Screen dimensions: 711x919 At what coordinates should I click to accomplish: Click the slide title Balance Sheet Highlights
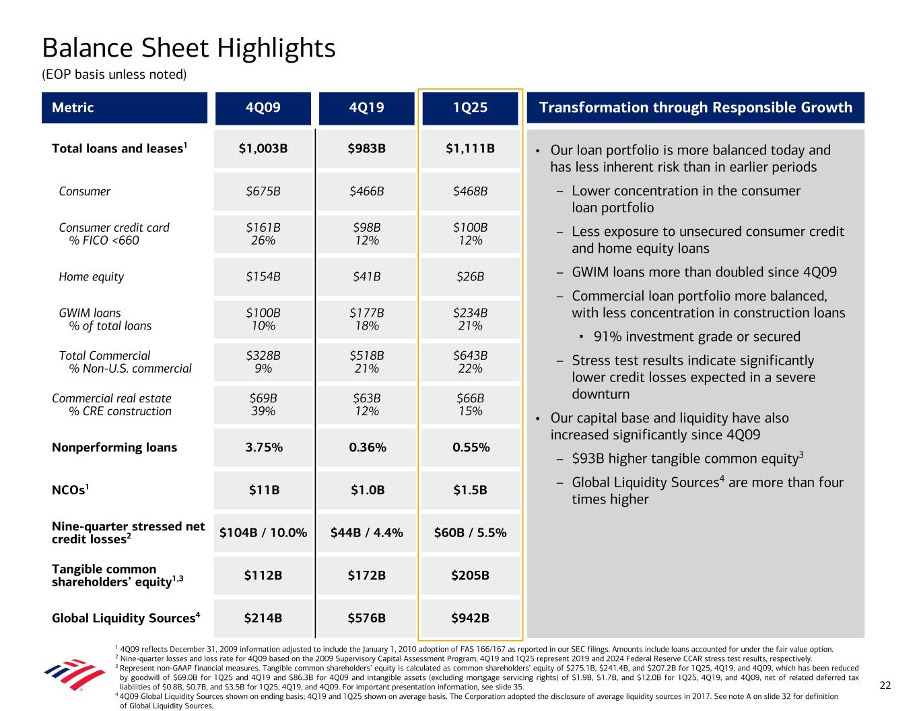point(189,49)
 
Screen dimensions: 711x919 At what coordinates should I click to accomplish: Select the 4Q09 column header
point(263,108)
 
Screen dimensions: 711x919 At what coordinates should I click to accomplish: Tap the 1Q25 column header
point(470,108)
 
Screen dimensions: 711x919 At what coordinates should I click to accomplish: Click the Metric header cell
point(125,108)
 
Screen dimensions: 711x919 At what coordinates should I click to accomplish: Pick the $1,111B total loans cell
point(470,148)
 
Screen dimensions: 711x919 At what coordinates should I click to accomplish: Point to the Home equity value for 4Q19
point(366,277)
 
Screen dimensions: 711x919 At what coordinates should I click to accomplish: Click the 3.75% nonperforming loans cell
point(263,447)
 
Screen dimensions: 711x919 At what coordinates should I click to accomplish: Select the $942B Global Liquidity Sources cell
point(470,618)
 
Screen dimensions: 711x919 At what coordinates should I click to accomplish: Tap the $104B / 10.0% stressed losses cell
point(263,533)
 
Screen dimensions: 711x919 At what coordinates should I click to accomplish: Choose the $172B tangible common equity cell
point(366,576)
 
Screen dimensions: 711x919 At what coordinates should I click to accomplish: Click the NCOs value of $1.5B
point(470,490)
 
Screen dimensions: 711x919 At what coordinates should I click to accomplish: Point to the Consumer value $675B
point(263,191)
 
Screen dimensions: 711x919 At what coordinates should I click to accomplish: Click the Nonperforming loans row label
point(114,447)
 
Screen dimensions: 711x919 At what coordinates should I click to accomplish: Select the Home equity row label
point(92,277)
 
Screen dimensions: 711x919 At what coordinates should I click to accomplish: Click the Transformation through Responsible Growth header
point(695,108)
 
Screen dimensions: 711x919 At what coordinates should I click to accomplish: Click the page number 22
point(885,685)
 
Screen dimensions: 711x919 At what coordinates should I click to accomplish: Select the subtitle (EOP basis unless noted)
point(114,74)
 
